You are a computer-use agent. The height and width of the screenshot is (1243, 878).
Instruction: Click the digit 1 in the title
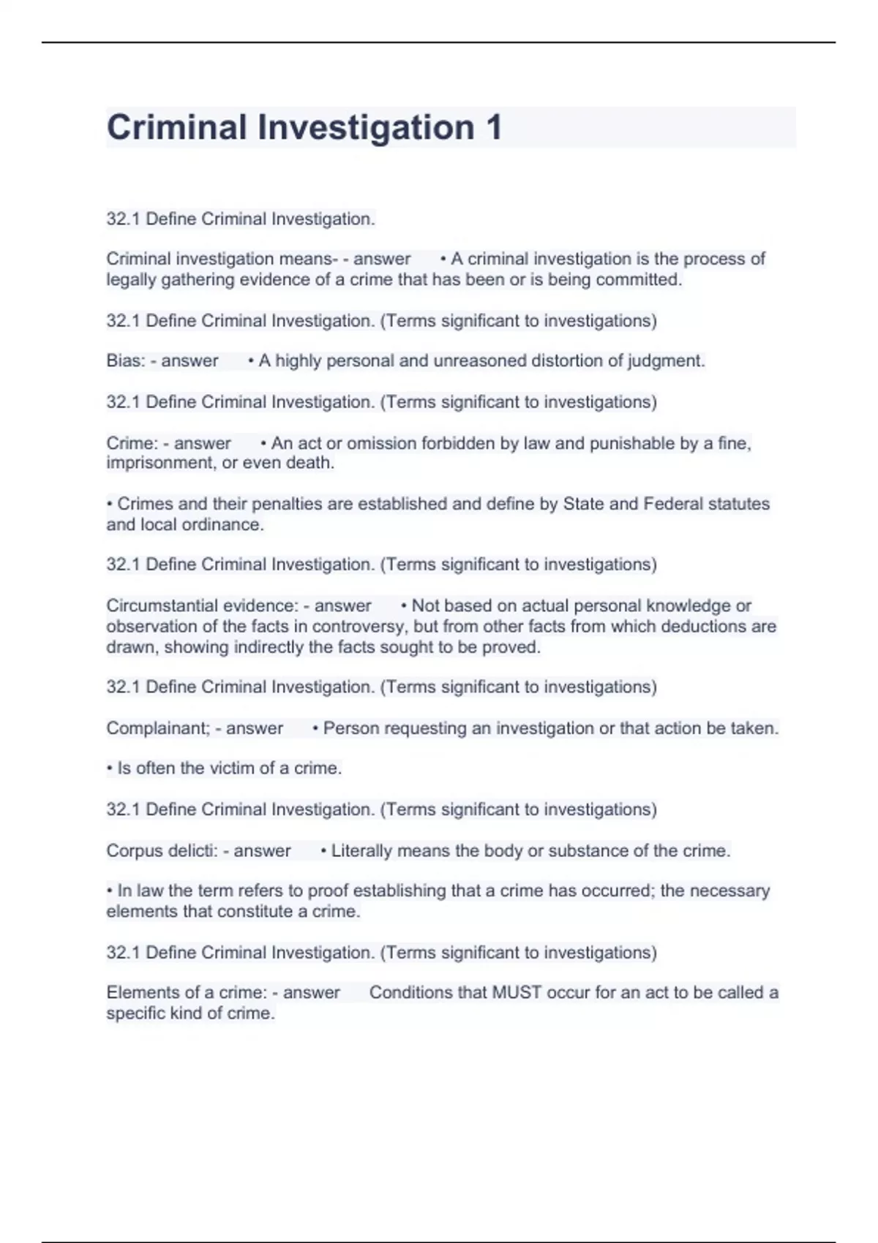coord(493,127)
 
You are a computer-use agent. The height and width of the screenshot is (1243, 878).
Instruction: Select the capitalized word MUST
coord(517,992)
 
